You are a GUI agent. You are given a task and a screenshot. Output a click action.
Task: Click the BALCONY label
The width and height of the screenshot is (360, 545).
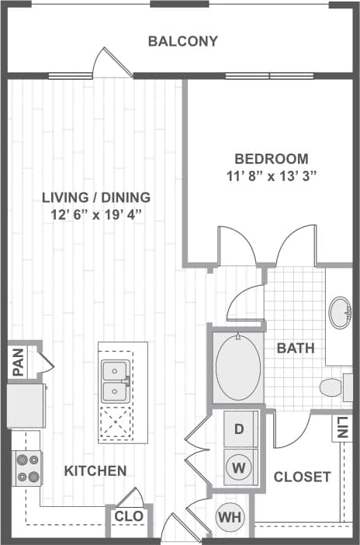click(x=183, y=41)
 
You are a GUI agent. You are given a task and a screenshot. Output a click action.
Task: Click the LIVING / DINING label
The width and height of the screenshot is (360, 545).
click(x=96, y=197)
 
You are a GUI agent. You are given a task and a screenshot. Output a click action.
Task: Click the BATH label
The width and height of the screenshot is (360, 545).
click(x=296, y=348)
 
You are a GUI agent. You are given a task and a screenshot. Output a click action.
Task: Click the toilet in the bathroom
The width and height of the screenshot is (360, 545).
click(x=334, y=386)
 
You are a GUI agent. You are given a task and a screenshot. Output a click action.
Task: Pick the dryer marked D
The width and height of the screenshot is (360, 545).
click(x=239, y=429)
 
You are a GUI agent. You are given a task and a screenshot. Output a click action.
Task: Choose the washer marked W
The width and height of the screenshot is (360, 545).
click(x=239, y=467)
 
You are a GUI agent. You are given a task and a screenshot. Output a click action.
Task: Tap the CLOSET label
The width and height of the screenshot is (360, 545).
click(x=303, y=477)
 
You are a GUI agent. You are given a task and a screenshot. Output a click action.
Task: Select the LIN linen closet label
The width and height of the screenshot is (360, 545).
click(x=343, y=428)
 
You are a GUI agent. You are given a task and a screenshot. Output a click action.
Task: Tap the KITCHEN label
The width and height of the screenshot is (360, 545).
click(x=95, y=470)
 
